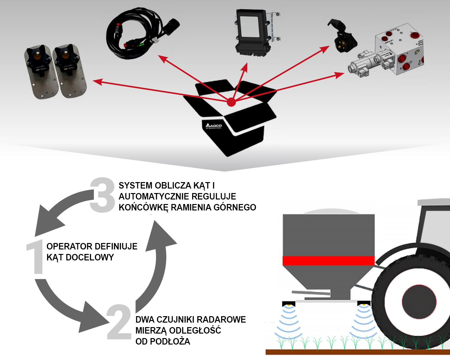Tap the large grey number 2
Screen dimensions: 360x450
pos(119,322)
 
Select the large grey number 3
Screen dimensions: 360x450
pos(102,195)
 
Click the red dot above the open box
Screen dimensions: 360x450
pos(231,102)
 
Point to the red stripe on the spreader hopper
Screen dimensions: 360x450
pos(328,260)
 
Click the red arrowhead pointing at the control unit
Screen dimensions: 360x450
pos(245,68)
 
